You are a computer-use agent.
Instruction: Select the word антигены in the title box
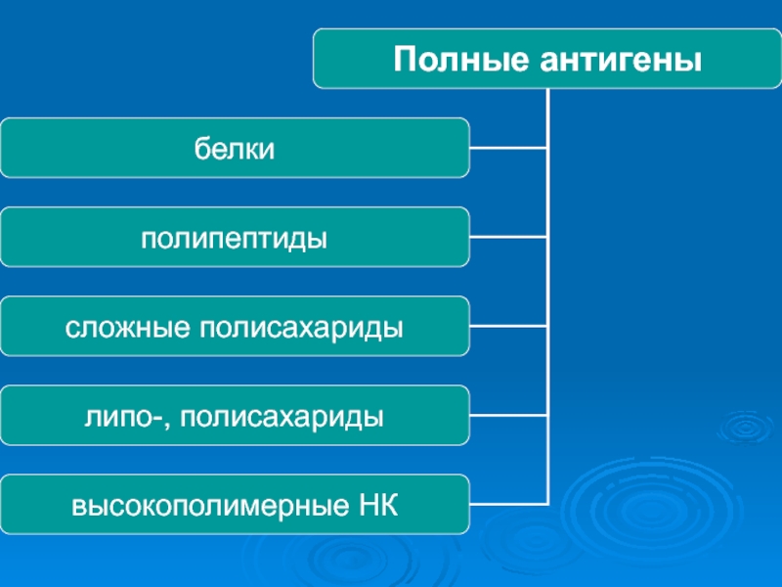coord(621,60)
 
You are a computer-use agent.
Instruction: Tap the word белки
coord(235,149)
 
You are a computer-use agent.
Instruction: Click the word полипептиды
coord(234,239)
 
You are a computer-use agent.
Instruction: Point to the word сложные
coord(128,329)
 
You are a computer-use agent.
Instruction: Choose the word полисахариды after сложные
coord(302,329)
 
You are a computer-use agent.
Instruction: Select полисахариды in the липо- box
coord(282,418)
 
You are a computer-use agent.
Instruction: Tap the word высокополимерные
coord(210,506)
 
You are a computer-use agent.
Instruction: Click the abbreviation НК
coord(378,506)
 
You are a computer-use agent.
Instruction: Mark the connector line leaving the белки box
coord(508,148)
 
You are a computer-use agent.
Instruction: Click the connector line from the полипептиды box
coord(508,237)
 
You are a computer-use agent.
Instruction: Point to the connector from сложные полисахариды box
coord(508,326)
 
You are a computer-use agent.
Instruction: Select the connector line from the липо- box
coord(508,415)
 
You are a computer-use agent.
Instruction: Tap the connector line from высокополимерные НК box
coord(508,504)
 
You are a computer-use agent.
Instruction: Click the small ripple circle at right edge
coord(747,428)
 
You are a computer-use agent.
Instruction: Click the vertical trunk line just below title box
coord(548,117)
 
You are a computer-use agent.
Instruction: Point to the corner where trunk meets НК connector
coord(548,504)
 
